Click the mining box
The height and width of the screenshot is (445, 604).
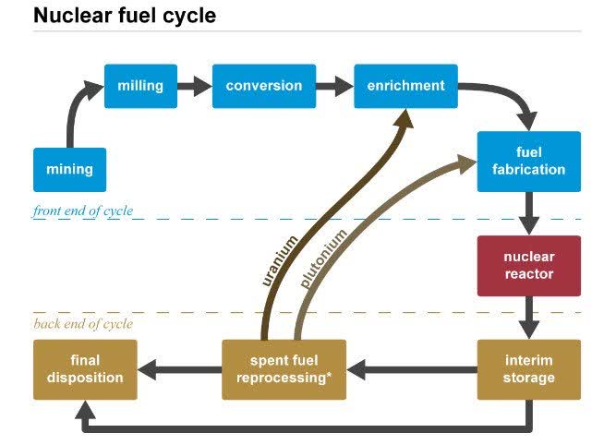[x=69, y=170]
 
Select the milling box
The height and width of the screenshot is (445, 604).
[x=140, y=86]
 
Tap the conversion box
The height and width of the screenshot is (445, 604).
[x=263, y=86]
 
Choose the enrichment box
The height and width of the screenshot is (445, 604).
[x=405, y=86]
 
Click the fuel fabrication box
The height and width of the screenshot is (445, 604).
[x=528, y=162]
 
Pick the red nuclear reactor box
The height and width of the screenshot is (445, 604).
[x=528, y=266]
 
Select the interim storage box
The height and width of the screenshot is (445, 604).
[x=528, y=369]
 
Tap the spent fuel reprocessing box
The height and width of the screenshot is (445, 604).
[x=284, y=369]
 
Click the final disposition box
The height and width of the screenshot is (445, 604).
[x=85, y=369]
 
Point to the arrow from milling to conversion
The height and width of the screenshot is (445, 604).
[x=194, y=87]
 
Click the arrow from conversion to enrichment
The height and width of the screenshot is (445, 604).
[x=335, y=87]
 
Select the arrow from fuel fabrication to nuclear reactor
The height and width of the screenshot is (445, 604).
[x=529, y=213]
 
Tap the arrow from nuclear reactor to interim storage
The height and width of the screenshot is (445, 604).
[x=529, y=318]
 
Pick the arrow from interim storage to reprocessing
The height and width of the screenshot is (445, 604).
[x=412, y=370]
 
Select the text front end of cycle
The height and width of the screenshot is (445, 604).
[x=83, y=211]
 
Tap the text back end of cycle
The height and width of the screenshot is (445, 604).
[x=82, y=324]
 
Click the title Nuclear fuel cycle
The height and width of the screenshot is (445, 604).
[x=125, y=16]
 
